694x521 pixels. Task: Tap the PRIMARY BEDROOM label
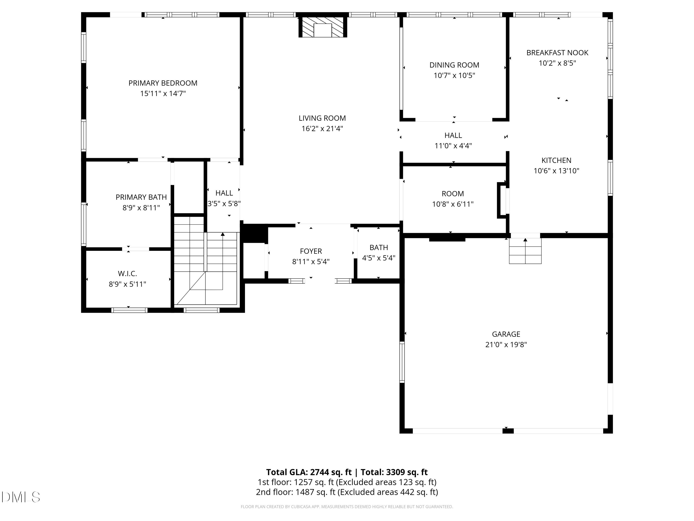click(163, 83)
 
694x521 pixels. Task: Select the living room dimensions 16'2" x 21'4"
click(322, 129)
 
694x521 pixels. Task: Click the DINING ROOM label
click(454, 65)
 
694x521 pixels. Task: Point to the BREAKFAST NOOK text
click(557, 53)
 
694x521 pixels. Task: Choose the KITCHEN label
click(556, 160)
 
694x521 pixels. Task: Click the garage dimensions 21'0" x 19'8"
click(506, 345)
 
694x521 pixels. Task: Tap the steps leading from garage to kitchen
click(525, 251)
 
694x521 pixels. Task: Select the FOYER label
click(311, 251)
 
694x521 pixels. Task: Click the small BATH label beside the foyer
click(379, 248)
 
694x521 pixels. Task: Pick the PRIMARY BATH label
click(141, 197)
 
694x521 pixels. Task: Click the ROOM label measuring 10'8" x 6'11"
click(453, 194)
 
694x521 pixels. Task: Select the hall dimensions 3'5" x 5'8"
click(224, 204)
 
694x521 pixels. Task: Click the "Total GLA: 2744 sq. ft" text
click(309, 472)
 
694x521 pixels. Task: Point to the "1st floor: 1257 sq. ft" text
click(296, 482)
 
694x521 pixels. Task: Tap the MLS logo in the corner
click(21, 497)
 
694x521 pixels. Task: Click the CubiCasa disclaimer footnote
click(347, 507)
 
